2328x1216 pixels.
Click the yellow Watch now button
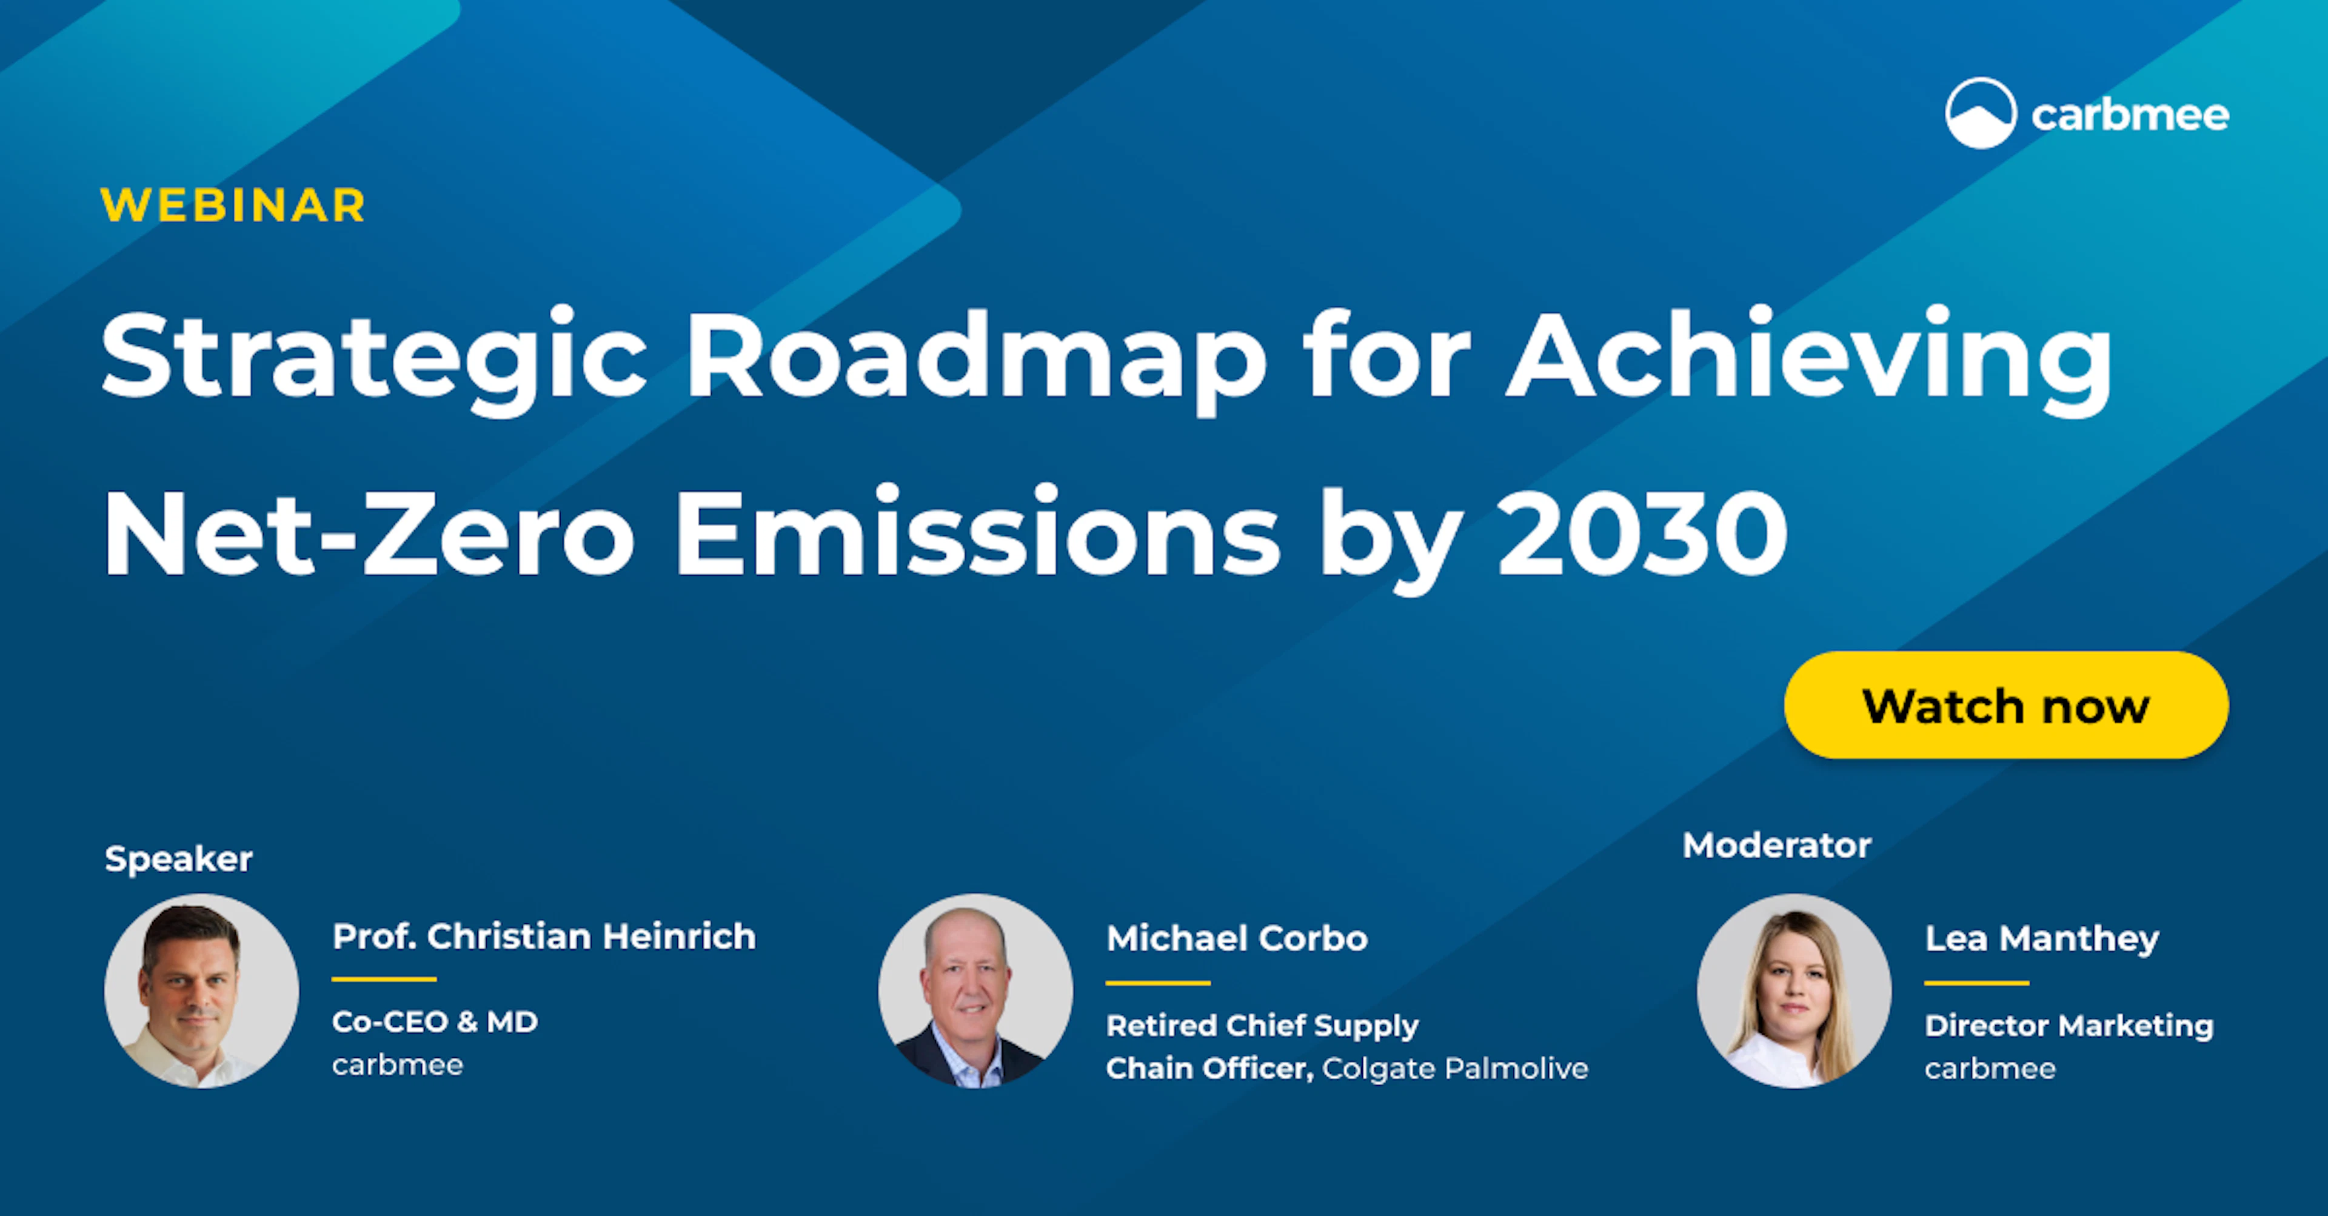coord(2005,706)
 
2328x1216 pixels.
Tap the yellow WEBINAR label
coord(233,206)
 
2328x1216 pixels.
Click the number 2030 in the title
coord(1642,533)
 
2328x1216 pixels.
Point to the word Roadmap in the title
coord(976,357)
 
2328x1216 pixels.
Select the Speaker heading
coord(178,858)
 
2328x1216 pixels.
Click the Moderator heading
coord(1776,846)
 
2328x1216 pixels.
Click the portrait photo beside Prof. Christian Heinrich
coord(201,991)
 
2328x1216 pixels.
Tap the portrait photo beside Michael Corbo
coord(975,991)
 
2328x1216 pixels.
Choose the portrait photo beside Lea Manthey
coord(1794,991)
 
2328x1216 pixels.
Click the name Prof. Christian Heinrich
coord(543,937)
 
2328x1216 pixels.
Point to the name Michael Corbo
coord(1236,938)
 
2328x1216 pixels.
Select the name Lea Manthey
coord(2041,938)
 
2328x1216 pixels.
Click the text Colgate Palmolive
coord(1455,1069)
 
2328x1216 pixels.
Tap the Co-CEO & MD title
coord(435,1022)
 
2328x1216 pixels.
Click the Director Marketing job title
coord(2069,1026)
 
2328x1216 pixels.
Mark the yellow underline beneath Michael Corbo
coord(1158,982)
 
